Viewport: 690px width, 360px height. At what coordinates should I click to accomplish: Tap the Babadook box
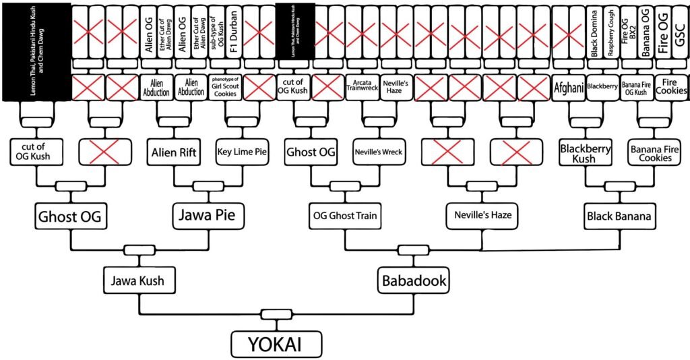(414, 280)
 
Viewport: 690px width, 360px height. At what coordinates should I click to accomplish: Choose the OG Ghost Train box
(344, 216)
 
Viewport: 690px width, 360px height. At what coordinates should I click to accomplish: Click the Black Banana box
(619, 216)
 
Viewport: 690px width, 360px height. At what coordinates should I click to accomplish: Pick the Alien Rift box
(174, 152)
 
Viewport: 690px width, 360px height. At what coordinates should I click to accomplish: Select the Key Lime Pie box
(243, 152)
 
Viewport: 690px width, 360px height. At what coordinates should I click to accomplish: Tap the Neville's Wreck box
(379, 152)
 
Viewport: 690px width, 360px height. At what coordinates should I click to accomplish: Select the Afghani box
(567, 88)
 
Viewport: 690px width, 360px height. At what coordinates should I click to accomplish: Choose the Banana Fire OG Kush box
(636, 88)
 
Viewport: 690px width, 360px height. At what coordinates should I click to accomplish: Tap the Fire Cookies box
(670, 88)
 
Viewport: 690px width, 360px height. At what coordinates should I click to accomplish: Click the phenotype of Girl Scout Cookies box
(225, 88)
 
